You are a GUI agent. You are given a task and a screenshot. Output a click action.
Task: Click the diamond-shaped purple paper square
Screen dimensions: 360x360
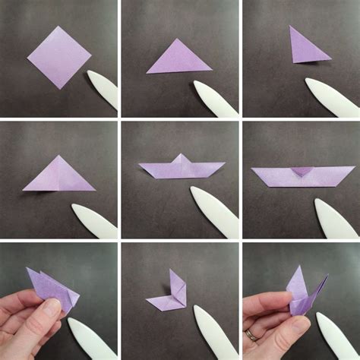58,57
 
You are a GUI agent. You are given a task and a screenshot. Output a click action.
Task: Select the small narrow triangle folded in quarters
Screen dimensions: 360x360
306,46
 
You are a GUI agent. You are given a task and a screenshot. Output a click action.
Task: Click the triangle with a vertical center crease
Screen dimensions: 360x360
58,175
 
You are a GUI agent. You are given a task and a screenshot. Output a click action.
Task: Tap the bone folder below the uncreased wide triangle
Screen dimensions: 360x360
216,99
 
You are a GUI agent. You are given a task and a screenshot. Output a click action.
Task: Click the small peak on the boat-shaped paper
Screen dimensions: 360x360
182,159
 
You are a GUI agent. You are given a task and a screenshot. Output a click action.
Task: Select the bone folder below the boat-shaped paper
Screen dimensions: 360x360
215,212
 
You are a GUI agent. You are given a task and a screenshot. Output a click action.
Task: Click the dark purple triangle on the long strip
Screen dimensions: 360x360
302,171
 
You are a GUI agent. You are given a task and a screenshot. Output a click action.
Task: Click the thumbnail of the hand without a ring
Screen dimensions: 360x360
52,308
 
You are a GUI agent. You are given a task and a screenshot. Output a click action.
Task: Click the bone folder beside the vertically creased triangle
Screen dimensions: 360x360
95,220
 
